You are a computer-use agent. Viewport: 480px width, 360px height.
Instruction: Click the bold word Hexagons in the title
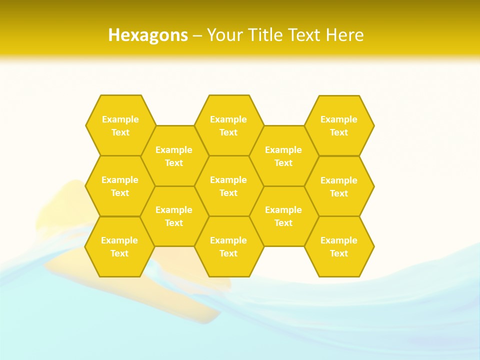148,35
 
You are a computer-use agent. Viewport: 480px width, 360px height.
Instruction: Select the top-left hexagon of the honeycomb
120,125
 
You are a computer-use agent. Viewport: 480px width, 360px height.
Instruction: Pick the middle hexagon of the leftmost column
120,186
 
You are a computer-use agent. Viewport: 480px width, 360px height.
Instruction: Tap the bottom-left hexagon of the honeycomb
119,246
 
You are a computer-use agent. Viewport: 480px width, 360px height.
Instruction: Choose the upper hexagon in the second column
174,156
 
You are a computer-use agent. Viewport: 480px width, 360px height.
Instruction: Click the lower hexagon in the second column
174,216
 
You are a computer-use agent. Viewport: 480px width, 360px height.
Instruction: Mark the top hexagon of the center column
228,125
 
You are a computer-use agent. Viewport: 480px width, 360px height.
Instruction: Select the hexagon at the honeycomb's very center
228,186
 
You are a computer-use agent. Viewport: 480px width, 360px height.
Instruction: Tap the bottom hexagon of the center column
228,246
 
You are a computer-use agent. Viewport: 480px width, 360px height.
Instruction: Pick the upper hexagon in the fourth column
283,156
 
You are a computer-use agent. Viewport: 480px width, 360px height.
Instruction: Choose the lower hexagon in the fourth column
283,216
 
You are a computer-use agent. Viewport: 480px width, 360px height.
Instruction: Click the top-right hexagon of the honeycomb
339,125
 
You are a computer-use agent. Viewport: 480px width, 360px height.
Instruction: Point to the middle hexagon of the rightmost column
339,186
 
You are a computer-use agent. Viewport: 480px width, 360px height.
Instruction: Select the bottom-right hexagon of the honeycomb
339,246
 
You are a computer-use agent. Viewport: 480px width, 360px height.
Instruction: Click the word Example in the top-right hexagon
339,119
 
